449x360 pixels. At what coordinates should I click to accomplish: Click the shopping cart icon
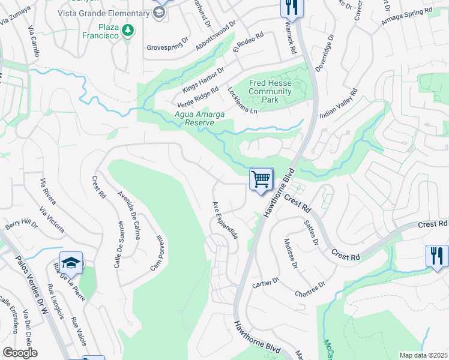[261, 179]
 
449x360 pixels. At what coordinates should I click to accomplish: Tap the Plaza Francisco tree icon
[127, 30]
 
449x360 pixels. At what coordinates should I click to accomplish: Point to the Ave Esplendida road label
[225, 220]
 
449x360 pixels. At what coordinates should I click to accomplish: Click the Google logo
[20, 353]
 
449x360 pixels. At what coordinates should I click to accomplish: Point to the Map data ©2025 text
[423, 355]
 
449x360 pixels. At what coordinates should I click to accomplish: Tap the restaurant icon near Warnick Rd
[292, 7]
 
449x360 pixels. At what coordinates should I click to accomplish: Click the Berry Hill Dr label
[21, 225]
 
